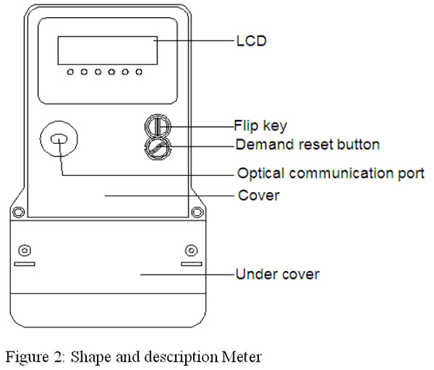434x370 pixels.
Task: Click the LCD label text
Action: coord(251,41)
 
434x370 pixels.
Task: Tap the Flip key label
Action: coord(260,126)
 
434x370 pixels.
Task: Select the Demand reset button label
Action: coord(308,144)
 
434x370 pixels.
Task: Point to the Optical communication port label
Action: coord(331,173)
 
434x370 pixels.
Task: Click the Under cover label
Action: coord(277,274)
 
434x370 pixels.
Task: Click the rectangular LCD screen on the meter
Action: coord(108,50)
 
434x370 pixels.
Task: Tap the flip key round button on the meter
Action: coord(158,126)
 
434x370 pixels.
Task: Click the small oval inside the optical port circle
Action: coord(59,139)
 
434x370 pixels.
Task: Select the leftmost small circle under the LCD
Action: coord(71,72)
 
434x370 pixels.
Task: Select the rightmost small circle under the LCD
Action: coord(139,72)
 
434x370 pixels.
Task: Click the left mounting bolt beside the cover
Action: coord(19,212)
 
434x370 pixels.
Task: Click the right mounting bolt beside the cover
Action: coord(197,212)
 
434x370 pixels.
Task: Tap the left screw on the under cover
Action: coord(25,251)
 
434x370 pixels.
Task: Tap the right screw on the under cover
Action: coord(191,251)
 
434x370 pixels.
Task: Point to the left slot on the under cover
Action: coord(25,264)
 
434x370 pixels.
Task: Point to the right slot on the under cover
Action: coord(191,264)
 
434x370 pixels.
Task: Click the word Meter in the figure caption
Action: coord(242,357)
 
